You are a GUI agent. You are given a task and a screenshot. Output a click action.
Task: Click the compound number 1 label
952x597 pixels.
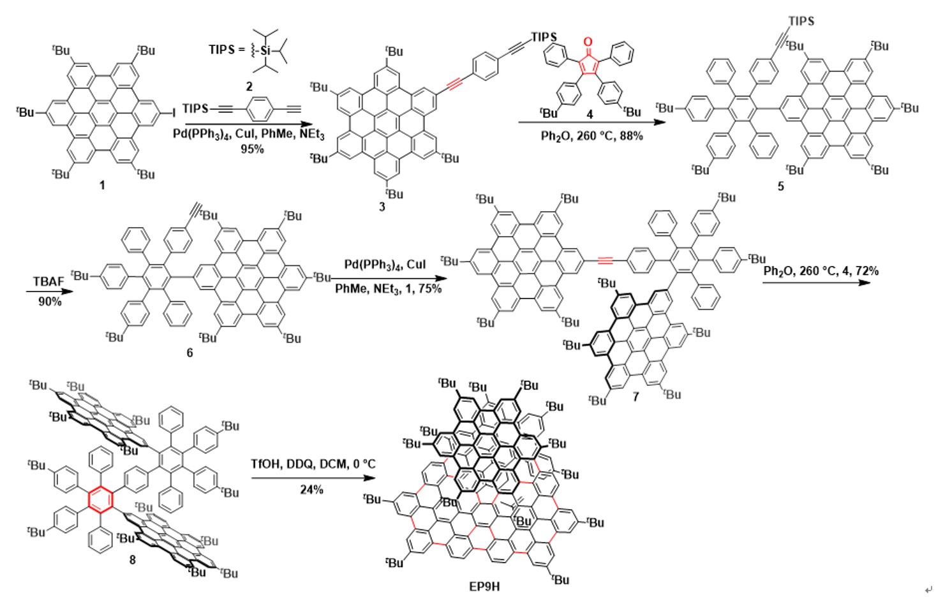point(102,185)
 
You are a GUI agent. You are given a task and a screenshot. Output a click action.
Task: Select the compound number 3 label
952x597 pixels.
point(382,207)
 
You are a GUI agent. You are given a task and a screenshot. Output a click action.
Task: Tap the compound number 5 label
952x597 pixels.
point(780,186)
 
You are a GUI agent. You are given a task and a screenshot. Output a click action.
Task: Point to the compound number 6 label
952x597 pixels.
point(190,352)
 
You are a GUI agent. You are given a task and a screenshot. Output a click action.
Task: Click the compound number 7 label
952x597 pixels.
point(636,397)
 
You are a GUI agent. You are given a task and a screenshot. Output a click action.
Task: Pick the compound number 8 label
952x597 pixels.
point(133,559)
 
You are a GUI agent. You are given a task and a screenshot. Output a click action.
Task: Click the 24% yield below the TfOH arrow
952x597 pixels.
point(311,489)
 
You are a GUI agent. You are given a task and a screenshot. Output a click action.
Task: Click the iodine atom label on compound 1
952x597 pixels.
point(174,113)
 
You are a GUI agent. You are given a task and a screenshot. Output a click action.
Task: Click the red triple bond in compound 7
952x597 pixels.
point(605,260)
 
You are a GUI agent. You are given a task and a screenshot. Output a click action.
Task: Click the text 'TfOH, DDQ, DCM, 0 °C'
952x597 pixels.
point(313,464)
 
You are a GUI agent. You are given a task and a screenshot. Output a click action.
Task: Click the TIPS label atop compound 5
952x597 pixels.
point(801,21)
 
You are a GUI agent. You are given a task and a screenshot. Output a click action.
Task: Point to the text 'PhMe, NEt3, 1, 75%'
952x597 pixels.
point(388,289)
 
